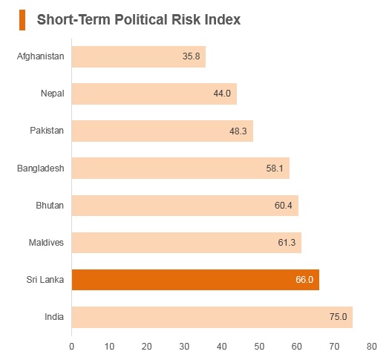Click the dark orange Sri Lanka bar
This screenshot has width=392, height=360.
click(x=195, y=280)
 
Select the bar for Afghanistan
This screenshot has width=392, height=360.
click(x=139, y=56)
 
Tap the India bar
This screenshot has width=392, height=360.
click(x=212, y=317)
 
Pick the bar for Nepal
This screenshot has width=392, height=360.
click(x=154, y=94)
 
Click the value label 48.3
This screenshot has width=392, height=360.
click(x=238, y=131)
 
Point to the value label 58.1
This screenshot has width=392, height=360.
click(x=275, y=168)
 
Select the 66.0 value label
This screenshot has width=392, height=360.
click(x=304, y=280)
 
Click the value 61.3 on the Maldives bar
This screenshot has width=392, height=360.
click(x=287, y=242)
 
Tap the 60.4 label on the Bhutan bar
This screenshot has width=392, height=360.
click(x=283, y=206)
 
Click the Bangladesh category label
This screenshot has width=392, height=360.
click(x=41, y=168)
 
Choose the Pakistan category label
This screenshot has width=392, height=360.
click(x=47, y=131)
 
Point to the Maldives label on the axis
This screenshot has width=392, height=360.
click(x=46, y=243)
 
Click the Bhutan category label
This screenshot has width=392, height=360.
click(x=50, y=206)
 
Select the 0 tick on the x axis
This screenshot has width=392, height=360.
click(x=71, y=347)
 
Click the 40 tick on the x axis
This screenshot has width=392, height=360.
click(x=222, y=347)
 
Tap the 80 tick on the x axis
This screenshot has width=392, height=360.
click(x=372, y=347)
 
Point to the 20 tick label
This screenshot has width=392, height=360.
click(x=146, y=347)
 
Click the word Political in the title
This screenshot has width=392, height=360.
click(x=141, y=19)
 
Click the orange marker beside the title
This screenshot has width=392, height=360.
click(x=22, y=20)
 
